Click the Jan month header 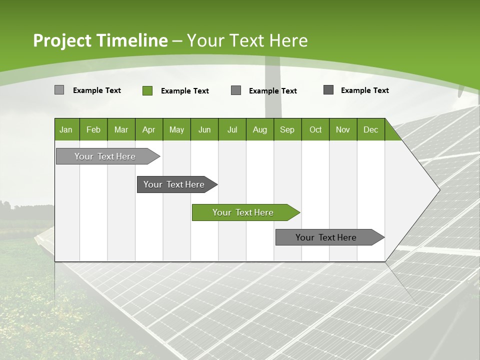[x=66, y=129]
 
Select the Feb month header [x=93, y=129]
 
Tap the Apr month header [x=148, y=129]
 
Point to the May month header [x=176, y=129]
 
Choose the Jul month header [x=232, y=129]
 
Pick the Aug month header [x=259, y=129]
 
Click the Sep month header [x=287, y=129]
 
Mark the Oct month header [x=315, y=129]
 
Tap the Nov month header [x=343, y=129]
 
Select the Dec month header [x=370, y=129]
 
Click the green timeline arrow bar [x=243, y=212]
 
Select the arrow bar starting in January [x=105, y=156]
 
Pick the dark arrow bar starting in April [x=174, y=184]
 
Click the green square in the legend [x=147, y=90]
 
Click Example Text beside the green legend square [x=185, y=91]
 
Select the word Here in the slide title [x=288, y=40]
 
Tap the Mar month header [x=121, y=129]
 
